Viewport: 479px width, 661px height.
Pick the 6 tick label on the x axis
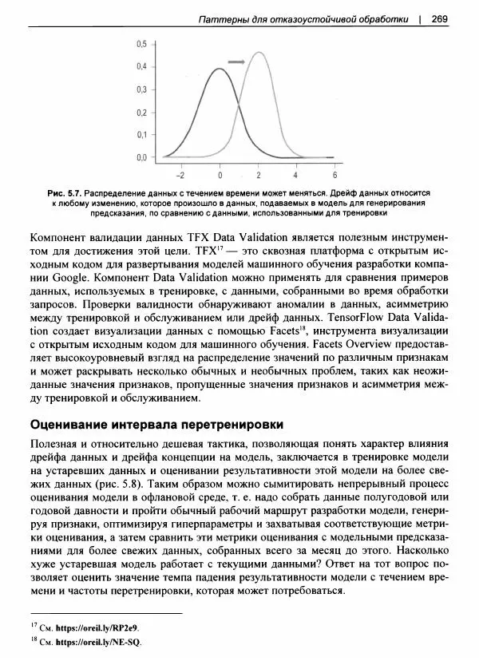pos(335,174)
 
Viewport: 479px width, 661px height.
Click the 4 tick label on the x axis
pos(296,174)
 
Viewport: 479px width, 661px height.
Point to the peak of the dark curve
pos(220,69)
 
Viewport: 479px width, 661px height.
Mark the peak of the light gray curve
pos(259,53)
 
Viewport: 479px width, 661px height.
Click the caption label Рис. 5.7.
pos(65,193)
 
